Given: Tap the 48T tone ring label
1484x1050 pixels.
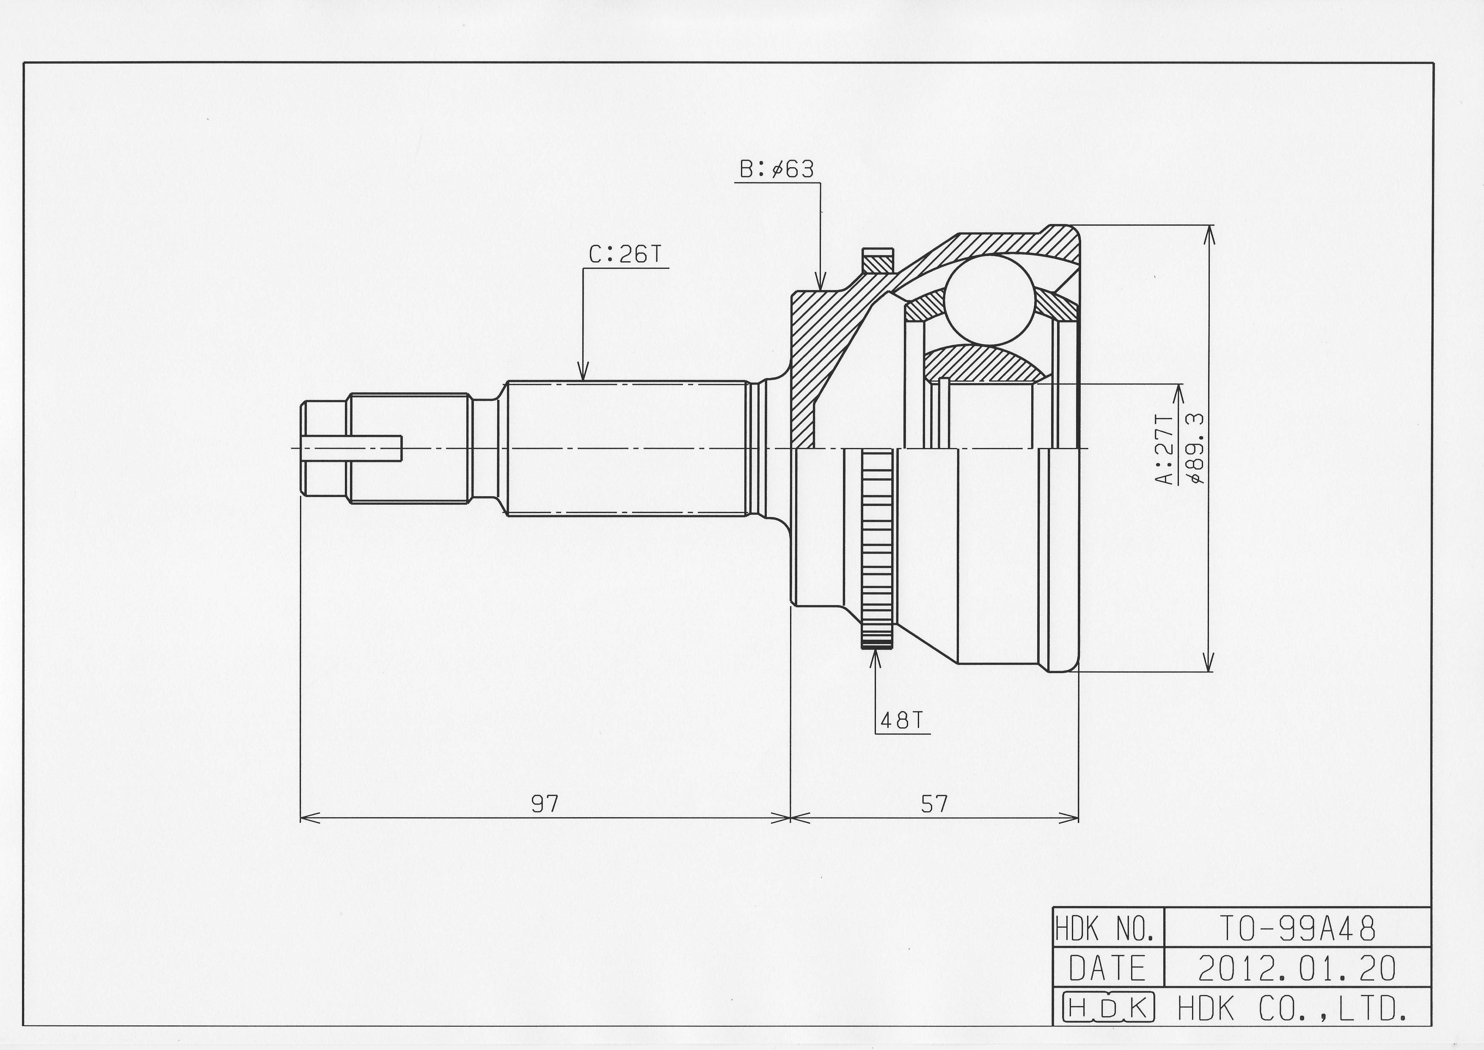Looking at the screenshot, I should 902,720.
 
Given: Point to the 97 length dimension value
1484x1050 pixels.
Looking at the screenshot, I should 545,804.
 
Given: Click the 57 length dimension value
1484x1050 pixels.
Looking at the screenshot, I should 934,804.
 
